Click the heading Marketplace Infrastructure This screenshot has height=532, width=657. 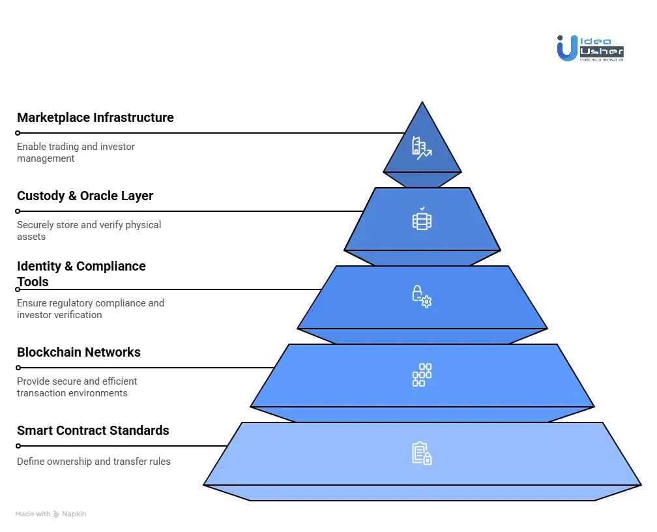coord(95,118)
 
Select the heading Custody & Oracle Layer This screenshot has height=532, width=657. coord(85,196)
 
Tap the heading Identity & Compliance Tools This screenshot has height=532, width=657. coord(81,274)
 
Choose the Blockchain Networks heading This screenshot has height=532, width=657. coord(79,353)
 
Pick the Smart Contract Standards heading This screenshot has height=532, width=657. coord(93,431)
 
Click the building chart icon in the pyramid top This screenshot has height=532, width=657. coord(422,149)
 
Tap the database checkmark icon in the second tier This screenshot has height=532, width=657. coord(422,219)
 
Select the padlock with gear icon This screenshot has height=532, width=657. coord(422,297)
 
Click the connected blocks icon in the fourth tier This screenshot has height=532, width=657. coord(422,375)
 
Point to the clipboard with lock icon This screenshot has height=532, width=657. coord(422,453)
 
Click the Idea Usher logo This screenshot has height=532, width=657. coord(591,49)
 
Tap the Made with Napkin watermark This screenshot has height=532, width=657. coord(51,514)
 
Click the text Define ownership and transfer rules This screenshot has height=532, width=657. coord(94,462)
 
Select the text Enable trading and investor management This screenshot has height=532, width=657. coord(76,153)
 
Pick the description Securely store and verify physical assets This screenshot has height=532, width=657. coord(89,231)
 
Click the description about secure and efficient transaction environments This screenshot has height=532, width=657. coord(77,387)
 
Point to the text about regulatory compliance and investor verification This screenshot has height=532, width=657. coord(90,309)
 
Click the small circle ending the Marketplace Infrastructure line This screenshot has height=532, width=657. coord(18,133)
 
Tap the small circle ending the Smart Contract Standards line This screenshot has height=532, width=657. coord(18,446)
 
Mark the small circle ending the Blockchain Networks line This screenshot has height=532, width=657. coord(18,368)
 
